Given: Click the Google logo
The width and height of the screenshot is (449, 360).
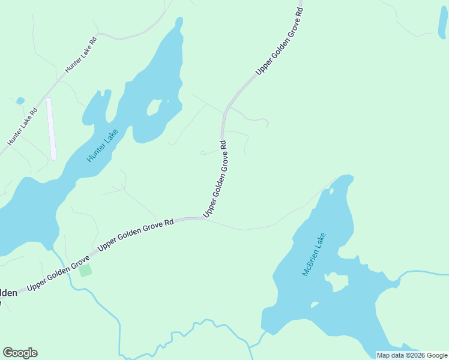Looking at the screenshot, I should tap(20, 353).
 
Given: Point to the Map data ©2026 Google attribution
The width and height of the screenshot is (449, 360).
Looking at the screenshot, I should tap(412, 355).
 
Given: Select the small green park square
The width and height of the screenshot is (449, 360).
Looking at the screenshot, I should tap(86, 270).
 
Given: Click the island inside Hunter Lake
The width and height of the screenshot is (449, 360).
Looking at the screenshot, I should tap(154, 107).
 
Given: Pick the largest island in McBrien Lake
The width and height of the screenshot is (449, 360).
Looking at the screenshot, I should tap(337, 281).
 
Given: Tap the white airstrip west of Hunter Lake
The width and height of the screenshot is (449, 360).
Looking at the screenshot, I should tap(51, 128).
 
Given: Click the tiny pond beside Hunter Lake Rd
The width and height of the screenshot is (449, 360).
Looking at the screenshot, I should tap(20, 100).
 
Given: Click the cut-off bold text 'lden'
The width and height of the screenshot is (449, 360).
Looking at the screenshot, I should tap(8, 293).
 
